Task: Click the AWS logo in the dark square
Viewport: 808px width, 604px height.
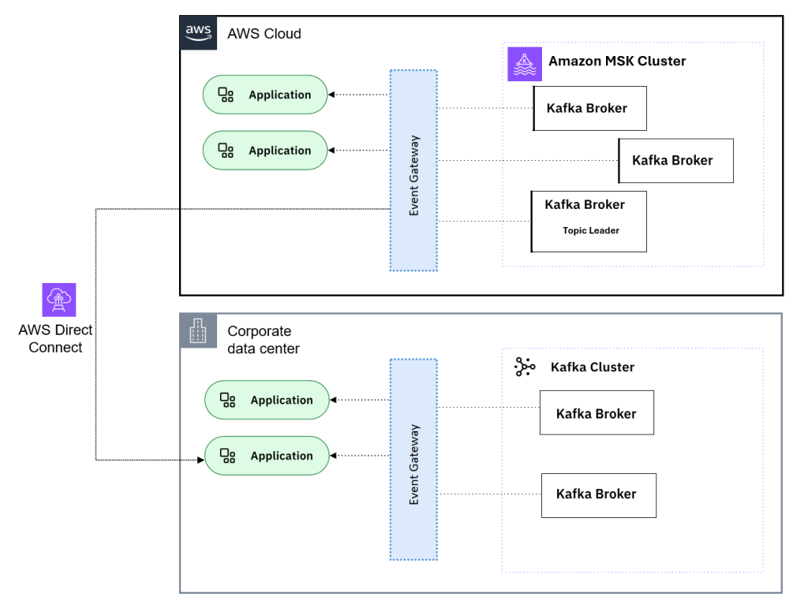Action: point(198,32)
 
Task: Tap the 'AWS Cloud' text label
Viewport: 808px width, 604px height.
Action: point(264,34)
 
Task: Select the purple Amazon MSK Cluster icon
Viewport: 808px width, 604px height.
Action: point(525,63)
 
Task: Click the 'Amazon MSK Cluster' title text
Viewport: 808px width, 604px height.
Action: point(617,61)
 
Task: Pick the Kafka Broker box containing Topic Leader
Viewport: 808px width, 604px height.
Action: point(589,222)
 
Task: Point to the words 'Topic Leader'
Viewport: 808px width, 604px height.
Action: point(590,230)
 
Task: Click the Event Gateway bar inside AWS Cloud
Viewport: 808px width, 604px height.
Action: point(413,170)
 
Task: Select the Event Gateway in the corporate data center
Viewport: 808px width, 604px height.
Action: point(413,460)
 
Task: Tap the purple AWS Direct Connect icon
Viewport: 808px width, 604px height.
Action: point(59,300)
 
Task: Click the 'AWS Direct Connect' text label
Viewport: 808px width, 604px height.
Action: point(55,338)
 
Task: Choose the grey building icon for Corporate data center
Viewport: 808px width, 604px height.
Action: point(198,331)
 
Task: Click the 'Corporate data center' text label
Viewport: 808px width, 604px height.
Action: point(263,339)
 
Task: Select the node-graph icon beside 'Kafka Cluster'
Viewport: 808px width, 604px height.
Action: point(524,367)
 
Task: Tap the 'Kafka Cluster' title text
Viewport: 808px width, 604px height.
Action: point(592,367)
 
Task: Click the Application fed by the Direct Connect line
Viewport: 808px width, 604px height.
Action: point(267,456)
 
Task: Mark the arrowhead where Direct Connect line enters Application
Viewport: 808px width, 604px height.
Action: point(200,460)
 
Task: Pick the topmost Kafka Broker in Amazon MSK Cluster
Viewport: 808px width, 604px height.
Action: point(589,108)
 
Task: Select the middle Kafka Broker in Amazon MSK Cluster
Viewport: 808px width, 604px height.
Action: point(675,161)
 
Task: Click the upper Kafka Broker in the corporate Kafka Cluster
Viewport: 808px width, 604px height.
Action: point(597,412)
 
